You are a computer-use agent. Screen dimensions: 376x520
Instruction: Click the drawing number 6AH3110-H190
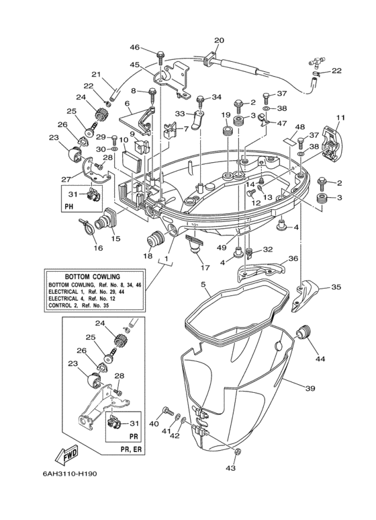tap(70, 474)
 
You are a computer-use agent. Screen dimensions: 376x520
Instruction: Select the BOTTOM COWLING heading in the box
tap(93, 276)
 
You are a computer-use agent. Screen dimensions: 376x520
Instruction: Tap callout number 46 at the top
tap(135, 47)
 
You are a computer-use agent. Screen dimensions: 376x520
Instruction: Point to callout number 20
tap(219, 40)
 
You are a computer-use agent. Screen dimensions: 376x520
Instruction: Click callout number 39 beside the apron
tap(310, 388)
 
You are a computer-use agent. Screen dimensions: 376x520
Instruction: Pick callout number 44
tap(320, 359)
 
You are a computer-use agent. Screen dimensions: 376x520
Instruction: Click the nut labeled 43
tap(238, 451)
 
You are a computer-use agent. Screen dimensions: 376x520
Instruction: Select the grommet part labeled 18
tap(155, 239)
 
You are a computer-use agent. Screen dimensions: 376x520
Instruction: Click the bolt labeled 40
tap(168, 411)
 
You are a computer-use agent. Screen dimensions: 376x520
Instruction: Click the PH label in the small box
tap(69, 207)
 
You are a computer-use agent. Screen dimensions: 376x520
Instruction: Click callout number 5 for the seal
tap(203, 284)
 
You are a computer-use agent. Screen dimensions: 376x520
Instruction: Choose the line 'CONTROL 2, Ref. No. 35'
tap(79, 305)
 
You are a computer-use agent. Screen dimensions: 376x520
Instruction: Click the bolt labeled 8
tap(152, 95)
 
